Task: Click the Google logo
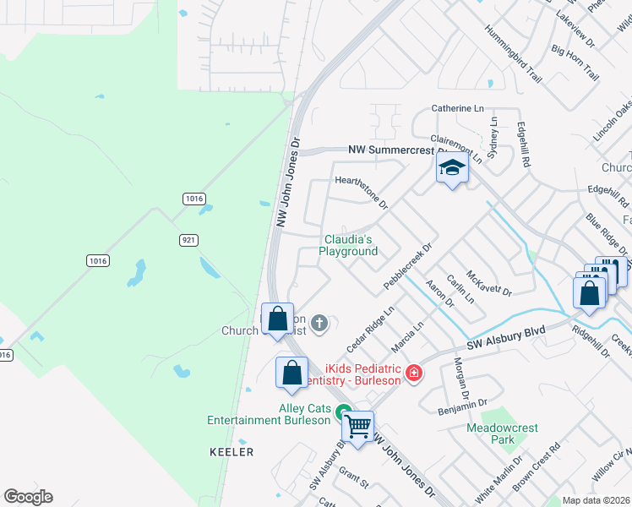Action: tap(28, 497)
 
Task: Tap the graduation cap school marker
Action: tap(452, 169)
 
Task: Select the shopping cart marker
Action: tap(358, 426)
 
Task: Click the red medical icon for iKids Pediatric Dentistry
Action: tap(413, 372)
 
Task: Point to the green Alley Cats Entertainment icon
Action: tap(344, 412)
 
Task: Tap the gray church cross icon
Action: tap(319, 322)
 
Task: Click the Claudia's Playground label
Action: tap(350, 245)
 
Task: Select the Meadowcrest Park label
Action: tap(502, 433)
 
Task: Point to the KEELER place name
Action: tap(232, 452)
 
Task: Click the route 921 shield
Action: tap(189, 240)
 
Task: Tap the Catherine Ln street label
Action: tap(457, 108)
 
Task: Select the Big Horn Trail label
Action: tap(575, 62)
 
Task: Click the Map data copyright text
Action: tap(597, 500)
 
